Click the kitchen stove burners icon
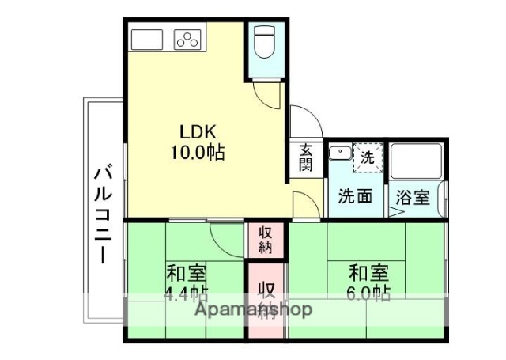click(187, 39)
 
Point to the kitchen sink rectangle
click(148, 39)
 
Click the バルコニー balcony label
click(103, 213)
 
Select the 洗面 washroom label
click(355, 196)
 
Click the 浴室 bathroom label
click(413, 196)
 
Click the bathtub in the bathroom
click(416, 161)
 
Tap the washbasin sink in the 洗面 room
click(340, 153)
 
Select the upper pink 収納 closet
click(266, 239)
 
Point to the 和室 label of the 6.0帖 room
click(369, 275)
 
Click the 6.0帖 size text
click(369, 294)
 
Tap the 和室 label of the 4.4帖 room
click(187, 275)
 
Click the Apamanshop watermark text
click(254, 309)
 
